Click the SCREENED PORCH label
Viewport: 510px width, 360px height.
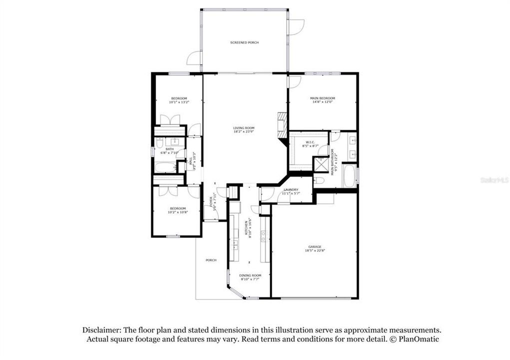click(244, 42)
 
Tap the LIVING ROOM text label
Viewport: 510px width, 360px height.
click(244, 128)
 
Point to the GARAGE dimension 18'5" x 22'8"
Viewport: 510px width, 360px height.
click(314, 251)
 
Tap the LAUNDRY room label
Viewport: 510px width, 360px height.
click(291, 189)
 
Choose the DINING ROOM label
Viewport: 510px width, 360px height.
click(250, 275)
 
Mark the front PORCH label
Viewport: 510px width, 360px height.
click(211, 260)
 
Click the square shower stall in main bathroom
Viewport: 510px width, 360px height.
click(320, 164)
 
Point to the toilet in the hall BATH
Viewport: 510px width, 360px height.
click(159, 144)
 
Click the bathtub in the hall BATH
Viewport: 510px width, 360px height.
click(164, 166)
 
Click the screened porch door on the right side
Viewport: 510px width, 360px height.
click(296, 26)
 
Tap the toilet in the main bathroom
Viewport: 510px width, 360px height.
click(319, 180)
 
